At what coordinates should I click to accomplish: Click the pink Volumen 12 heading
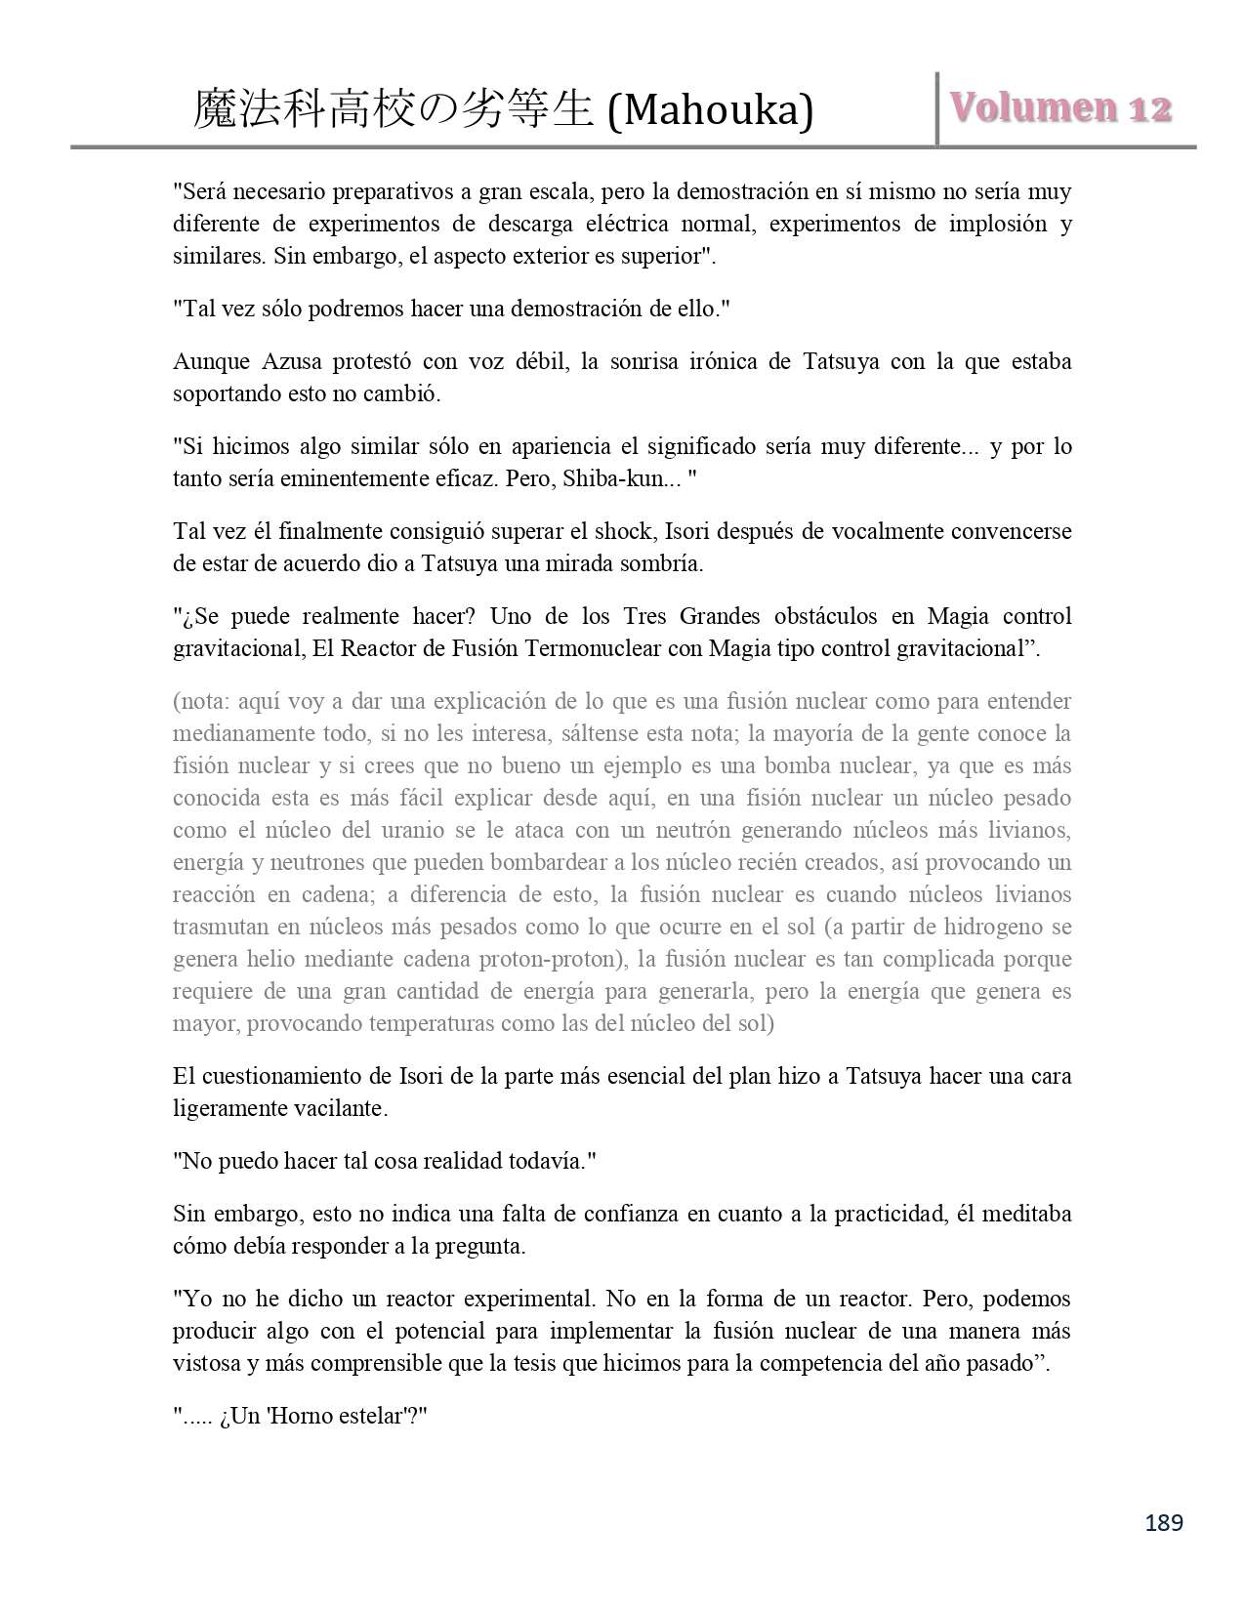1060,108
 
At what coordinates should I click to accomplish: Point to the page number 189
1163,1522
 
